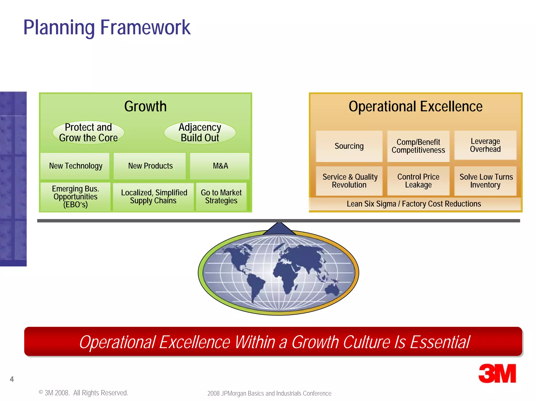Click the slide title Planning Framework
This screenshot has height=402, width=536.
pyautogui.click(x=107, y=27)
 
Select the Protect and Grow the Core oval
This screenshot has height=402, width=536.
pyautogui.click(x=88, y=132)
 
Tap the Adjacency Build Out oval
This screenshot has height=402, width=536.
pyautogui.click(x=200, y=132)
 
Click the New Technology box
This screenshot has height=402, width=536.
pyautogui.click(x=75, y=166)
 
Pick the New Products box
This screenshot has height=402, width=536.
pyautogui.click(x=150, y=166)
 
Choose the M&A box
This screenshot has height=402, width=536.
pyautogui.click(x=220, y=166)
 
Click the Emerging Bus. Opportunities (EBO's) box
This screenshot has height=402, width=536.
pyautogui.click(x=75, y=197)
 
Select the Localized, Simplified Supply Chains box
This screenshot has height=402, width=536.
pyautogui.click(x=154, y=197)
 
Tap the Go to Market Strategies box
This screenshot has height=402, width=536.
pyautogui.click(x=221, y=197)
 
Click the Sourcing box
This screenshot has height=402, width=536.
pyautogui.click(x=349, y=146)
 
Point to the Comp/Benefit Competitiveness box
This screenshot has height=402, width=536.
pyautogui.click(x=418, y=146)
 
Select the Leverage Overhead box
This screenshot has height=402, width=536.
pyautogui.click(x=485, y=145)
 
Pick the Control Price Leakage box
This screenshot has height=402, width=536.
pyautogui.click(x=418, y=181)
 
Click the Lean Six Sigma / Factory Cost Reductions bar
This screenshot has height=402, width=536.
pyautogui.click(x=414, y=204)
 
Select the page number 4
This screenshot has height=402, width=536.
pyautogui.click(x=12, y=379)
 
